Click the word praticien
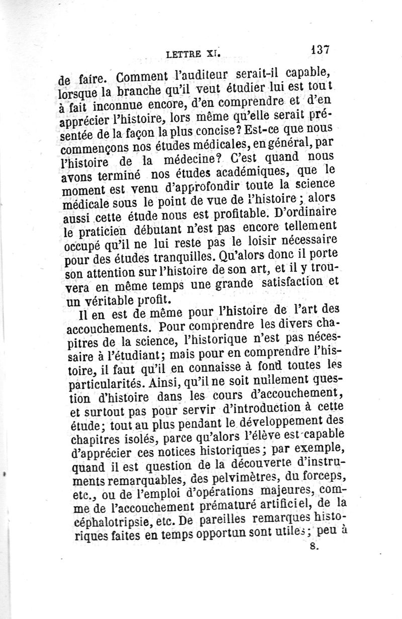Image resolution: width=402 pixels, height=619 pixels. tap(107, 233)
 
